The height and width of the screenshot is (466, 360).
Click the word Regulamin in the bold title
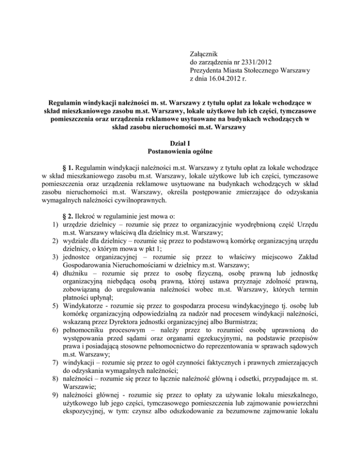[66, 103]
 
